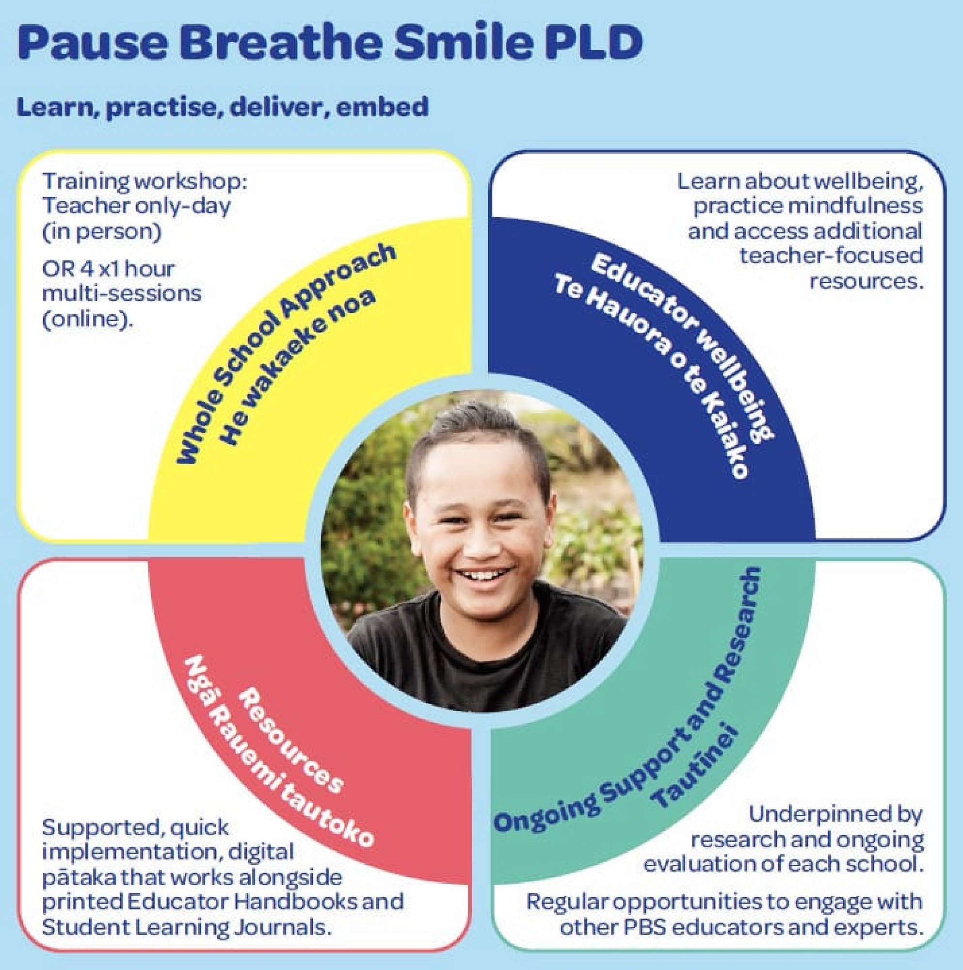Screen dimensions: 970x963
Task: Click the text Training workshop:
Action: pyautogui.click(x=144, y=182)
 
